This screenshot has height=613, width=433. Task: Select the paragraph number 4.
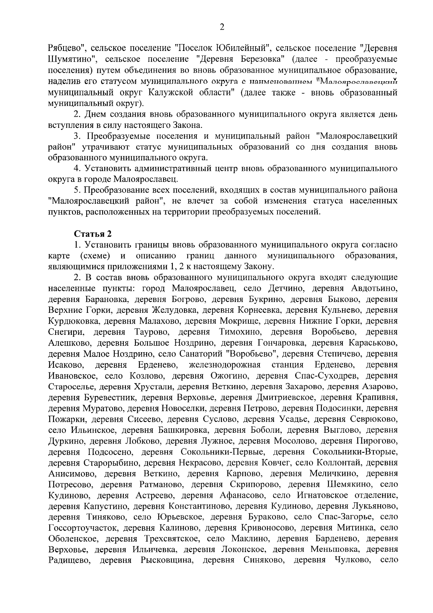click(x=76, y=169)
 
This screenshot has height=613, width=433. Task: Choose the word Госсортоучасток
click(x=83, y=528)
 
